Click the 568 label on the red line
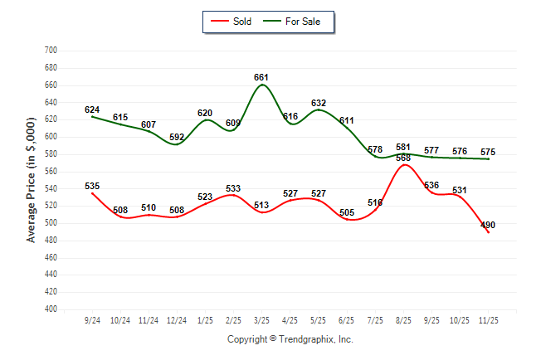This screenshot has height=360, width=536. [x=403, y=158]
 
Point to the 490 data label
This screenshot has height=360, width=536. [x=488, y=224]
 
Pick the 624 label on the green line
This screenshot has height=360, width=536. [x=92, y=109]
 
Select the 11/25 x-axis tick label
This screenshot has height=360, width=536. [x=489, y=319]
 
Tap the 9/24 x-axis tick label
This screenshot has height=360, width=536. [x=92, y=319]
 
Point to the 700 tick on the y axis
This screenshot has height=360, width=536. [x=49, y=51]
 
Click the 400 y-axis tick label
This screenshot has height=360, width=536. [x=49, y=309]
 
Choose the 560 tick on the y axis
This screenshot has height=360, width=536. [x=49, y=172]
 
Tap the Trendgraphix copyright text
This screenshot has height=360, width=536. [x=290, y=339]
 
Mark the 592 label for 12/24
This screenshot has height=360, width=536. [x=177, y=137]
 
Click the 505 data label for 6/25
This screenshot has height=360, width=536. [x=347, y=212]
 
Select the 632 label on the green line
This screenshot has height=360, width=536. [x=319, y=103]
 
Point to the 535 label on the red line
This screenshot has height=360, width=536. [x=92, y=186]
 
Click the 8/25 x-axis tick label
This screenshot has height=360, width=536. [x=404, y=319]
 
